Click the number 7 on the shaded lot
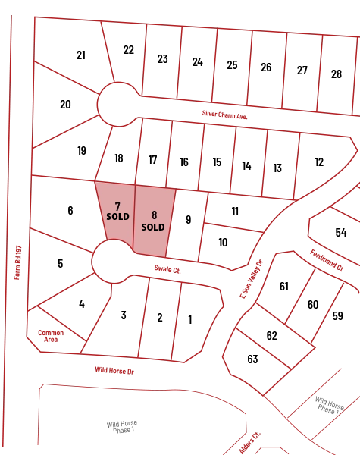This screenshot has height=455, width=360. [117, 206]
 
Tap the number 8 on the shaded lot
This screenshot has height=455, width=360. [154, 215]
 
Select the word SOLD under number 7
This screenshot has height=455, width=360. [117, 217]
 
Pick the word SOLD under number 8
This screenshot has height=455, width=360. [153, 227]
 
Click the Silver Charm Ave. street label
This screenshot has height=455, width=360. [225, 115]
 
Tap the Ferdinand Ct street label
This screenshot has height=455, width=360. [327, 261]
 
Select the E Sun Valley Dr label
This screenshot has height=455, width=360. [252, 279]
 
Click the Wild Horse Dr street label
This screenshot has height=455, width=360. [114, 371]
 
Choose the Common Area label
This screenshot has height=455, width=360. [51, 336]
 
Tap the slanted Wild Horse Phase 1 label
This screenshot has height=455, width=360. [330, 406]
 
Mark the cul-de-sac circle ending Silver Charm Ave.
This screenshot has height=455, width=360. [117, 104]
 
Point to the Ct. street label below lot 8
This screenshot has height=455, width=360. [167, 268]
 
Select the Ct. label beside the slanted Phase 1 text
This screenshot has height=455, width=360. [250, 443]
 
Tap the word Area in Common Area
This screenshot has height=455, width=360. [51, 340]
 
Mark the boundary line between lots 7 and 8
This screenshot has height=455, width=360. [134, 218]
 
